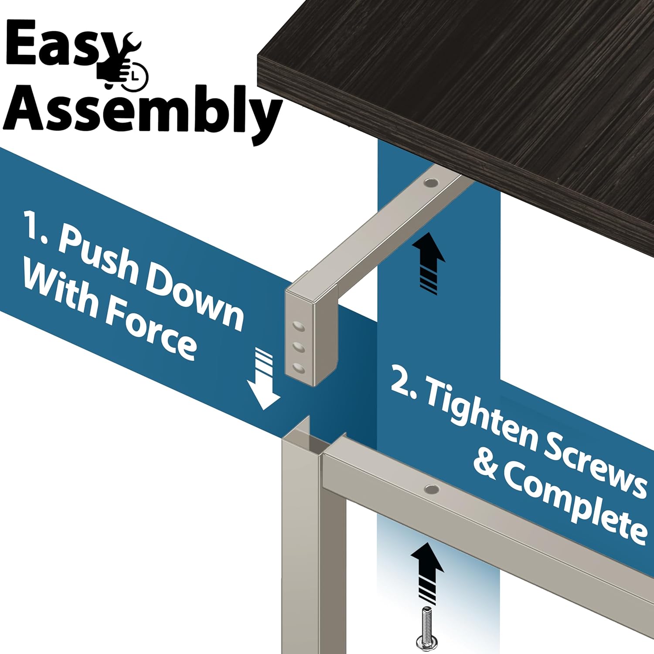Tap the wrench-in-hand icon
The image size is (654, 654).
tap(123, 61)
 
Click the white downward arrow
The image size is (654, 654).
tap(263, 379)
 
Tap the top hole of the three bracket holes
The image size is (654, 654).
tap(298, 326)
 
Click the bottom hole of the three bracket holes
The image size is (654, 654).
tap(298, 368)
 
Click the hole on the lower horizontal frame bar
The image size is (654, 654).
tap(432, 489)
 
